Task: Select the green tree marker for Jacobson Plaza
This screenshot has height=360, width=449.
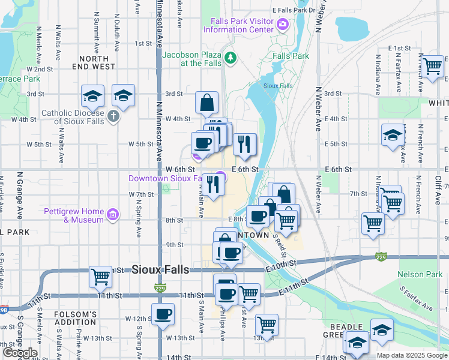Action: click(231, 58)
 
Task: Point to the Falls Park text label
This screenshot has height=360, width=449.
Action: click(291, 56)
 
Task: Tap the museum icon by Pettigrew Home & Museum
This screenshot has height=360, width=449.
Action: click(112, 215)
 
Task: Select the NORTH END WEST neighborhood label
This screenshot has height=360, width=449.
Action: click(97, 63)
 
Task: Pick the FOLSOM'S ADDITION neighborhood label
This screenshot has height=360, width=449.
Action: click(76, 319)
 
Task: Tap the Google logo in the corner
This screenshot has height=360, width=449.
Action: click(19, 352)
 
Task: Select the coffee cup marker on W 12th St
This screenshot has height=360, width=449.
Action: click(163, 314)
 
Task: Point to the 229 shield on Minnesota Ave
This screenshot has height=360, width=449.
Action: click(160, 287)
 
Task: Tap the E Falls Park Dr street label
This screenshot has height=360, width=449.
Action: click(294, 10)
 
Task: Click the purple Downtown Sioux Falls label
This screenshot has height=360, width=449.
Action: click(169, 178)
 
